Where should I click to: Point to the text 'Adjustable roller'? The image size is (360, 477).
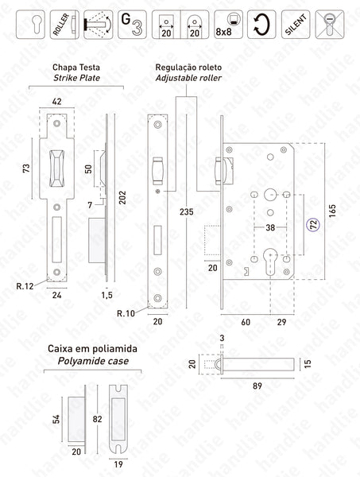pyautogui.click(x=189, y=79)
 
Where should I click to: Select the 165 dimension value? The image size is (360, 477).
pyautogui.click(x=332, y=214)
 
